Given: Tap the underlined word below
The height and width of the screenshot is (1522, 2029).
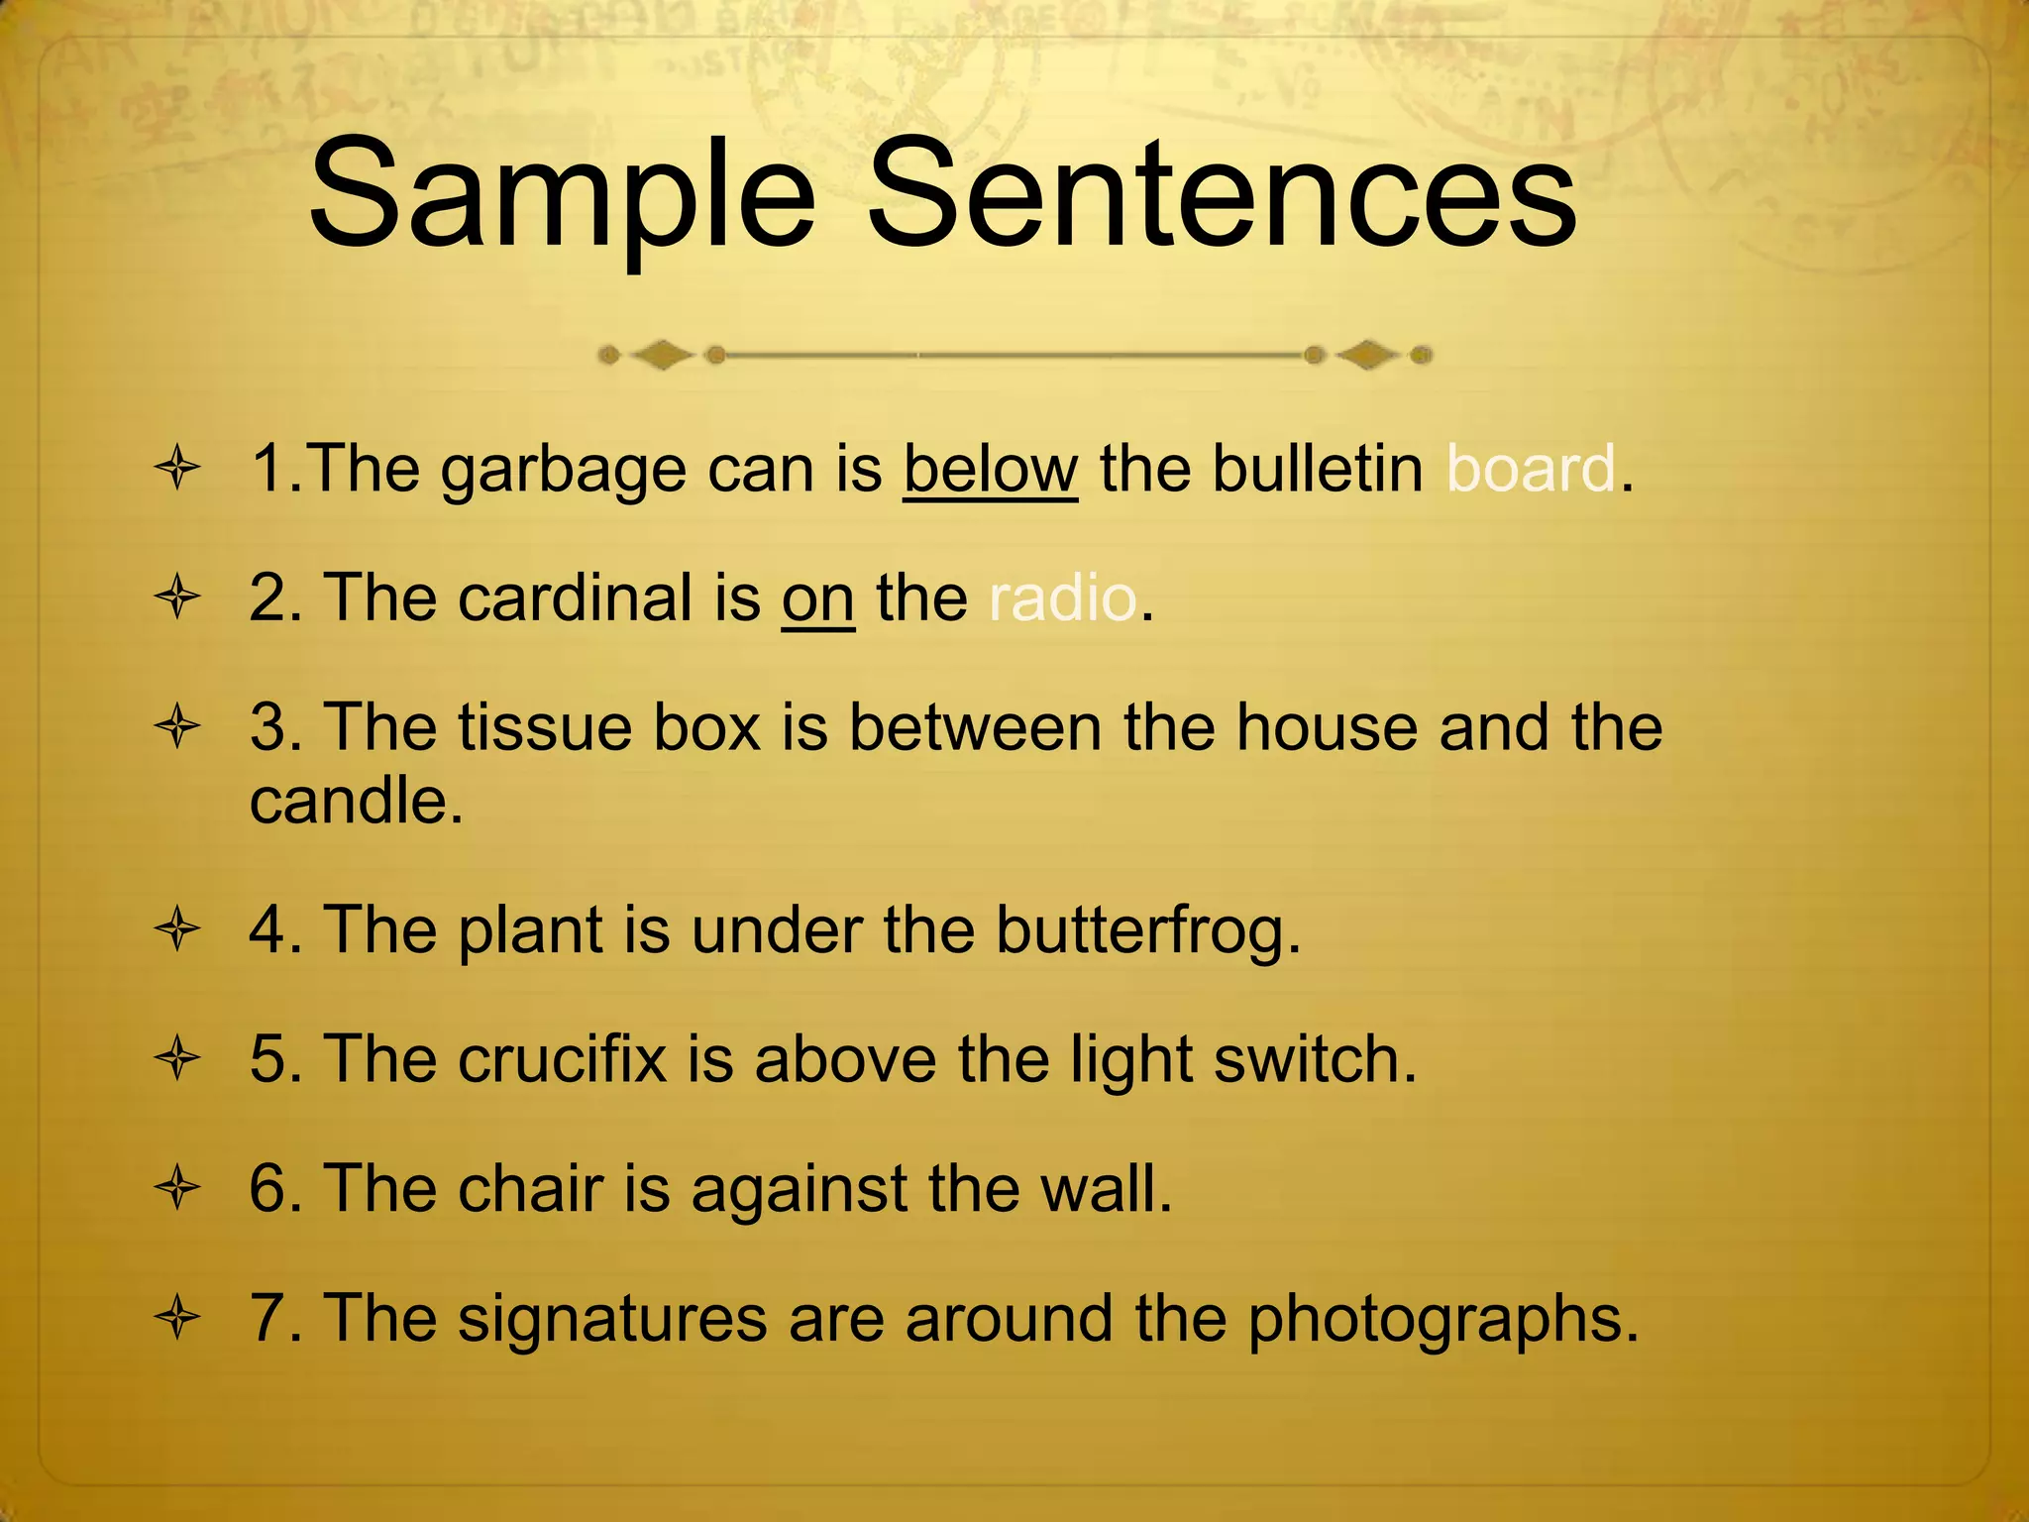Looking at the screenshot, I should [x=990, y=470].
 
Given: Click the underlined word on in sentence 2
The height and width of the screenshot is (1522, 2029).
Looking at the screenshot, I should [x=817, y=599].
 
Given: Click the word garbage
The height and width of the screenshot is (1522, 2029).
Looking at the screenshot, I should [x=563, y=472].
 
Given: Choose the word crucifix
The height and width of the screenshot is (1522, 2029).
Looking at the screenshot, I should [x=562, y=1059].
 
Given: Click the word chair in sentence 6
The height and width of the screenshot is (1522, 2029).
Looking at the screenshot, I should [x=530, y=1188].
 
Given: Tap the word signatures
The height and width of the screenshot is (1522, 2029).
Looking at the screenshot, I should [x=612, y=1321].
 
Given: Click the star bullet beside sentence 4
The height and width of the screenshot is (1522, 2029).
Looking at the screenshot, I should [x=178, y=930].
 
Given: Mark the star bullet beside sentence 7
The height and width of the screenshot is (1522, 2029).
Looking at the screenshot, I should [x=178, y=1319].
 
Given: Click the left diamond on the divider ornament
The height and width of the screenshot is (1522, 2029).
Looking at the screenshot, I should [x=662, y=355].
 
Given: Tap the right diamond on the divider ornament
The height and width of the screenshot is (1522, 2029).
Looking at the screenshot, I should [x=1367, y=355].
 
